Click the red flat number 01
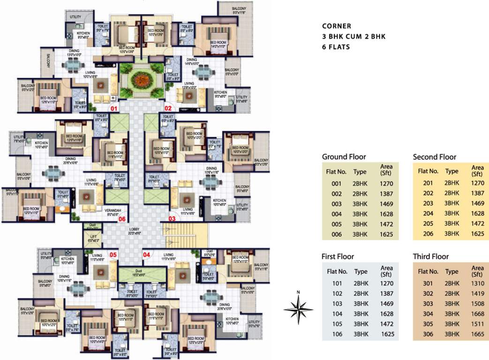click(113, 108)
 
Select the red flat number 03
click(172, 218)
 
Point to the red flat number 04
click(147, 255)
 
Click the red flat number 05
click(113, 255)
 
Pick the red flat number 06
click(122, 218)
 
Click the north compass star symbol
click(299, 308)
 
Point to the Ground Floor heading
click(344, 157)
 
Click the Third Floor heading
click(430, 256)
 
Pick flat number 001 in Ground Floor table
click(336, 184)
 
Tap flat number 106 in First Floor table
click(337, 334)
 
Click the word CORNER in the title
click(336, 26)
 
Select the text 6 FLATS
click(336, 47)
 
